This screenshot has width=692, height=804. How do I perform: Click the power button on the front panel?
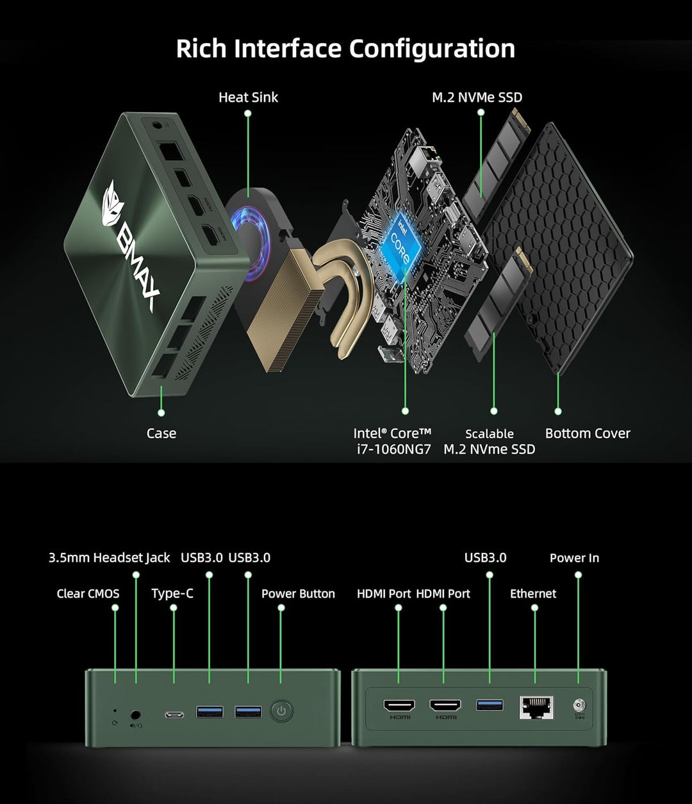tap(281, 711)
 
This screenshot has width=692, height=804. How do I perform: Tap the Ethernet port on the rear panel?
tap(536, 708)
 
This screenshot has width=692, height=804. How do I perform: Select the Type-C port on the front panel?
tap(174, 714)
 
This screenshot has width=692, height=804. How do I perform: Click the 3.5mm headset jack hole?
tap(135, 714)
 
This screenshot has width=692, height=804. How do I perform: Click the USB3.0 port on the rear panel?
tap(490, 705)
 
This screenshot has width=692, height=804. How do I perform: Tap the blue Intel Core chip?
tap(402, 242)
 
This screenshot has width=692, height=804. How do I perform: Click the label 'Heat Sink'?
tap(248, 97)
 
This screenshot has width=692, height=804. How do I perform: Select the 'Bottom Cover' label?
tap(588, 433)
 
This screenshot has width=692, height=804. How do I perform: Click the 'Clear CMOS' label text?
tap(88, 594)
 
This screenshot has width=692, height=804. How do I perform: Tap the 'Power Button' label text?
tap(298, 594)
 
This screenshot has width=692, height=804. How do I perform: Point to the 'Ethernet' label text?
tap(533, 594)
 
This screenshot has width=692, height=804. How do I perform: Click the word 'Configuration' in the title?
tap(432, 49)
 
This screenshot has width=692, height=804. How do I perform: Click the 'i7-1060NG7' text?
tap(393, 449)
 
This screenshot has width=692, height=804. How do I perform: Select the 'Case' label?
tap(161, 433)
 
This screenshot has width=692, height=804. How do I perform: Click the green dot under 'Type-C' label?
tap(174, 607)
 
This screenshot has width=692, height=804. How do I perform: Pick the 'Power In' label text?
tap(574, 558)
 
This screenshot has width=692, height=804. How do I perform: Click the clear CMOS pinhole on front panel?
tap(114, 710)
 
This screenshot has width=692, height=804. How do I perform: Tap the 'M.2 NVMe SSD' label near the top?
tap(477, 97)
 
